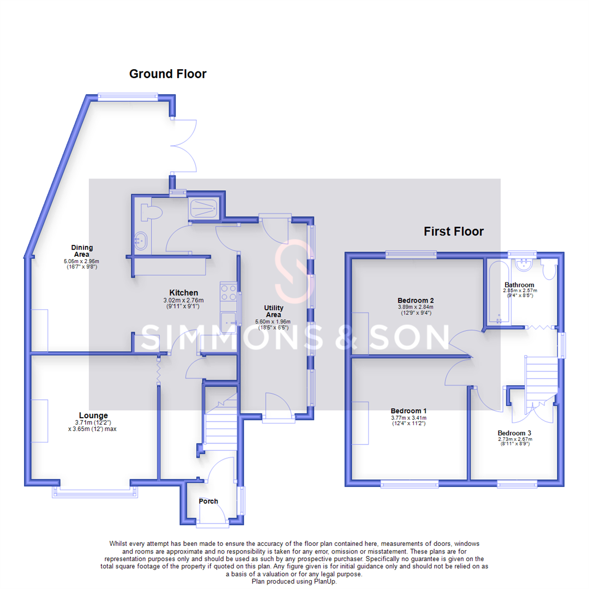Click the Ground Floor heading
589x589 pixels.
[167, 74]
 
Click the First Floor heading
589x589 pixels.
[454, 231]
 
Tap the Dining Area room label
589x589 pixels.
[82, 251]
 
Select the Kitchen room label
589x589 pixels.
[183, 293]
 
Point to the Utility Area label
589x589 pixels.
[273, 311]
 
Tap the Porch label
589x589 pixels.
[208, 501]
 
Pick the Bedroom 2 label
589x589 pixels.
[416, 300]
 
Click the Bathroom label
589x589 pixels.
[519, 285]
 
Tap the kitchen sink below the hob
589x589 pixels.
[229, 322]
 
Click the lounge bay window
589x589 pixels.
[95, 492]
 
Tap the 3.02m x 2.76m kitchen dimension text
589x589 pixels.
[183, 300]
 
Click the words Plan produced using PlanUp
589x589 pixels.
[294, 582]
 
